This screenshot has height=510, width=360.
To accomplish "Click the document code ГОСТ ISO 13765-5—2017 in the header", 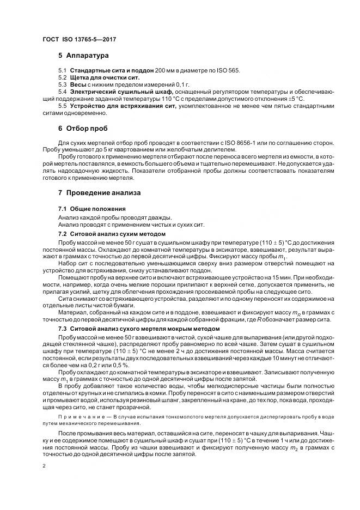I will (x=80, y=39).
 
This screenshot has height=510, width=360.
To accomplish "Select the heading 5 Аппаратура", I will (x=83, y=56).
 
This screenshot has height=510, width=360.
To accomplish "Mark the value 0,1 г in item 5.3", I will (x=179, y=85).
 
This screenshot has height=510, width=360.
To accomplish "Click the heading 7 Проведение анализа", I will (x=99, y=193).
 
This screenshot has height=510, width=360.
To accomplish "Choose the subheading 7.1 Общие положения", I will (x=91, y=209).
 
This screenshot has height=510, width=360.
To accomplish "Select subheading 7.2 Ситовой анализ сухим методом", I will (x=111, y=233).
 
